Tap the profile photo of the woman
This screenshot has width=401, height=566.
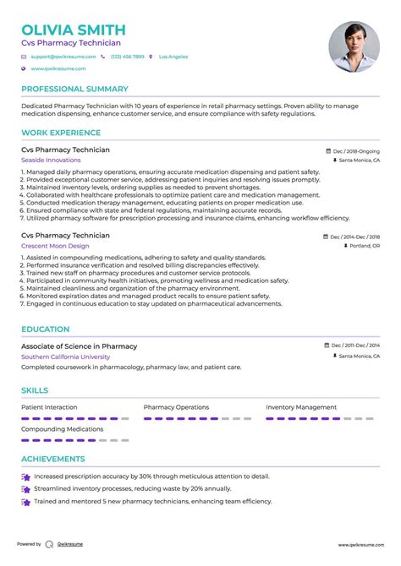(x=354, y=46)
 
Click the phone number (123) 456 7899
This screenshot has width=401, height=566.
(x=126, y=57)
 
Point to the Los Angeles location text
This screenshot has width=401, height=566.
(x=173, y=57)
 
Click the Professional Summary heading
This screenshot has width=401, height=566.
(x=74, y=89)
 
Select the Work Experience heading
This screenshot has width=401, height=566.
(x=58, y=132)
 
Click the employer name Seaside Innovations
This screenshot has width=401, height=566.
(x=52, y=160)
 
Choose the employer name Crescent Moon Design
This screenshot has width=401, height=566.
(x=55, y=246)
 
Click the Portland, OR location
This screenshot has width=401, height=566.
(x=365, y=246)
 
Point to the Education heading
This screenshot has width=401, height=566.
(x=46, y=329)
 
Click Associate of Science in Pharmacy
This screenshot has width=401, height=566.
(x=79, y=346)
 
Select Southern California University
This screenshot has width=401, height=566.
(x=65, y=356)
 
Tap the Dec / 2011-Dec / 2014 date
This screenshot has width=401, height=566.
(x=355, y=346)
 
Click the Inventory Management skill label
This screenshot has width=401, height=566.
(x=300, y=407)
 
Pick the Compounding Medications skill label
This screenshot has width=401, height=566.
(x=62, y=428)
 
